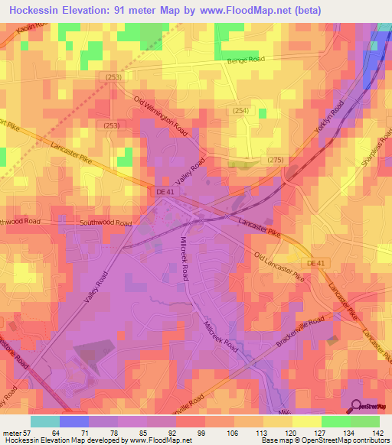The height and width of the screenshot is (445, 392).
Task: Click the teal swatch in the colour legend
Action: pyautogui.click(x=45, y=421)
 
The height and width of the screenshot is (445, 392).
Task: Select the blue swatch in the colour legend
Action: pyautogui.click(x=74, y=421)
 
